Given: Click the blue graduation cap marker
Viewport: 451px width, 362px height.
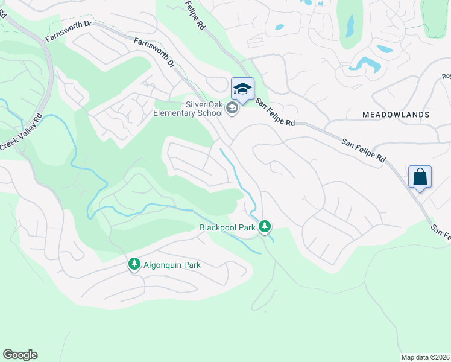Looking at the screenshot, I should [x=242, y=89].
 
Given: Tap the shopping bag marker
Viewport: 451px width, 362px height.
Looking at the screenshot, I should [x=420, y=177].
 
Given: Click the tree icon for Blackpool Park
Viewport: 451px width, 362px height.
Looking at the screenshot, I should [x=264, y=227].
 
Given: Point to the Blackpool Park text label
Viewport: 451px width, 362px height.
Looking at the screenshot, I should [x=228, y=227].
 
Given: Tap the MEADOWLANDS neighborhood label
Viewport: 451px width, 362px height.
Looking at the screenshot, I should [x=396, y=114].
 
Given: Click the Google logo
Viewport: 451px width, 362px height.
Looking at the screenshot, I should [x=20, y=355].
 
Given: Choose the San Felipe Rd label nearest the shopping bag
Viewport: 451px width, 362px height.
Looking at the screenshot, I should [x=364, y=151].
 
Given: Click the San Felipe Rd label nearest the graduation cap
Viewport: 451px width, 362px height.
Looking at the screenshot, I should [x=274, y=112].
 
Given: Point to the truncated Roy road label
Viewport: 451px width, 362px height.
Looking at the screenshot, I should [x=446, y=77].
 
